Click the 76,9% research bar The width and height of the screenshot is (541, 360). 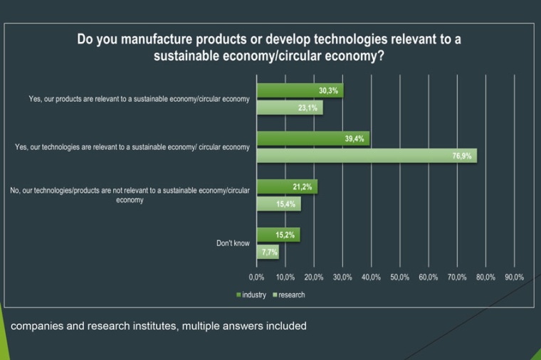pyautogui.click(x=367, y=156)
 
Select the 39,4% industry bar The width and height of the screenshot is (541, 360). pyautogui.click(x=312, y=139)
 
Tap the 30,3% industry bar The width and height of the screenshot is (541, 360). pyautogui.click(x=300, y=91)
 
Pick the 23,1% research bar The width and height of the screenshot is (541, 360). pyautogui.click(x=289, y=108)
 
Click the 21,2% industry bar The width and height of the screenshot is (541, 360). pyautogui.click(x=286, y=187)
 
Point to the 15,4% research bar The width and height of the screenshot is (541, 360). pyautogui.click(x=278, y=204)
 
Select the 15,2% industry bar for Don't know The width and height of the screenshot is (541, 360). pyautogui.click(x=278, y=235)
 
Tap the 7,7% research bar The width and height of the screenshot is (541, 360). pyautogui.click(x=267, y=252)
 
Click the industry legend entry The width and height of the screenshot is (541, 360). pyautogui.click(x=251, y=295)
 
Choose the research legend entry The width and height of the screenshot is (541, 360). pyautogui.click(x=288, y=295)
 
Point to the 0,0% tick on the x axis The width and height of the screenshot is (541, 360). pyautogui.click(x=256, y=277)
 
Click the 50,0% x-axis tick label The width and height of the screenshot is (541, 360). pyautogui.click(x=399, y=277)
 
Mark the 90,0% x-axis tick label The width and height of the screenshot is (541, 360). pyautogui.click(x=514, y=277)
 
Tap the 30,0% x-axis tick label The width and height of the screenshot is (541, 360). pyautogui.click(x=342, y=277)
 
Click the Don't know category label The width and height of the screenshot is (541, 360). pyautogui.click(x=233, y=243)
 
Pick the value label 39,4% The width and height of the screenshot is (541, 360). pyautogui.click(x=354, y=139)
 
